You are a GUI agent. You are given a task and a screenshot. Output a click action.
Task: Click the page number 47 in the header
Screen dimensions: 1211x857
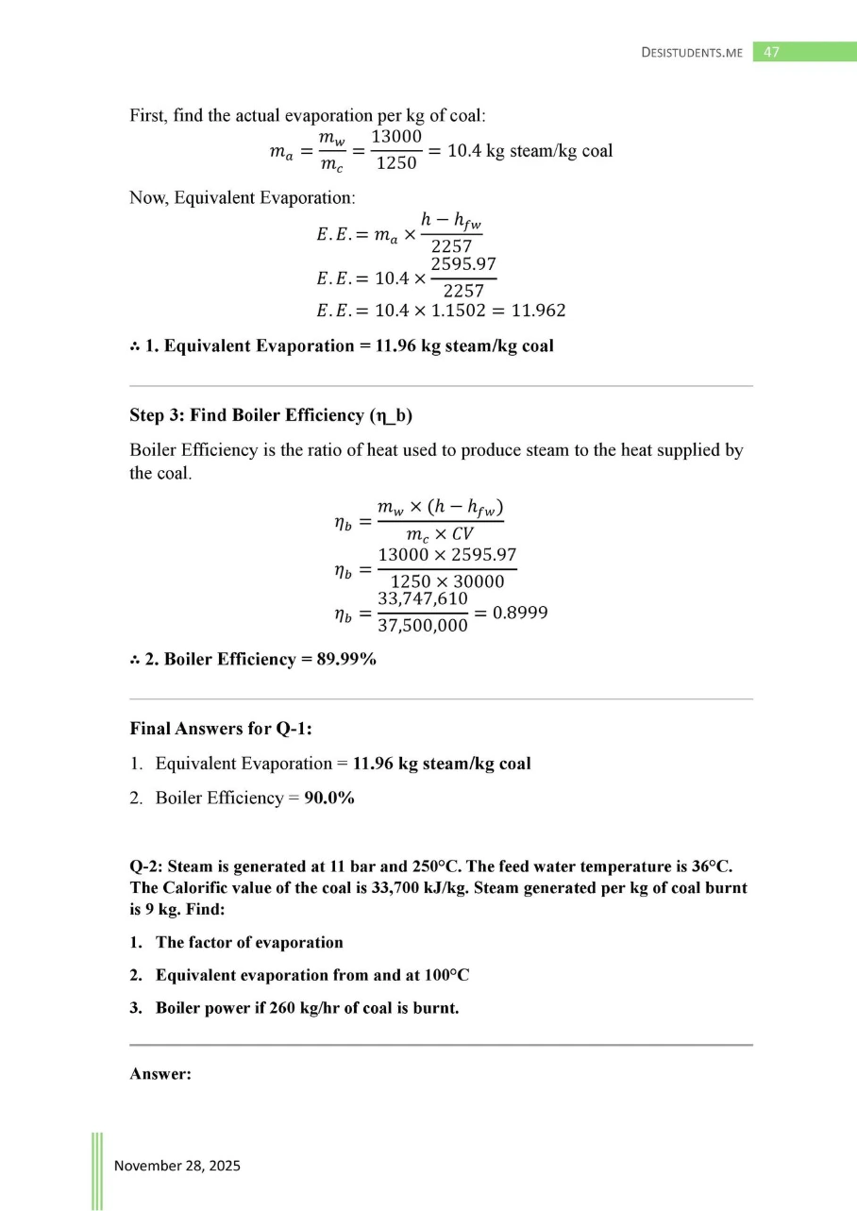click(x=771, y=53)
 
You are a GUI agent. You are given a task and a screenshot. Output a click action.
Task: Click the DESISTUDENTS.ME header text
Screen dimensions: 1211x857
click(x=692, y=53)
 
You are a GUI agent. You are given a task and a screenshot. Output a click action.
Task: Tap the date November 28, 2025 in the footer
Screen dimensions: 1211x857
click(x=177, y=1166)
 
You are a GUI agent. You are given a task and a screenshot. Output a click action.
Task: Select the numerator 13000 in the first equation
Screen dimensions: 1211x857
click(x=396, y=137)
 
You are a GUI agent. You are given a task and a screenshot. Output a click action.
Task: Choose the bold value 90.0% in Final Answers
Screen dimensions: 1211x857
click(x=329, y=799)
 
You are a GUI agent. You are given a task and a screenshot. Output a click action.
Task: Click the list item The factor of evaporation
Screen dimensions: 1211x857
click(x=249, y=942)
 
